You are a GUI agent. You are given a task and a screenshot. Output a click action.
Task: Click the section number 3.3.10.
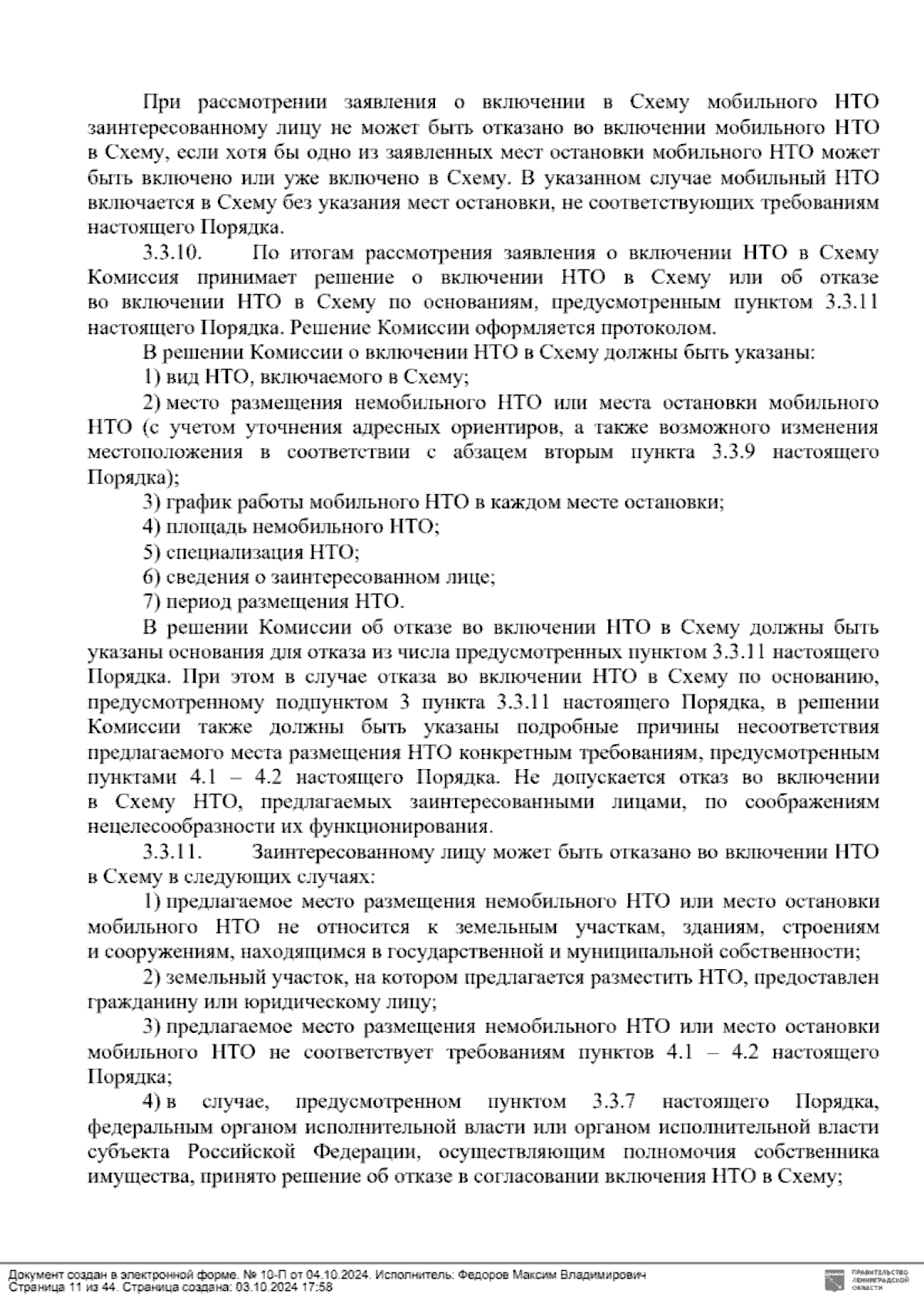pyautogui.click(x=172, y=253)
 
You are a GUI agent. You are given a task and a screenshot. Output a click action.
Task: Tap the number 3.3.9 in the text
pyautogui.click(x=727, y=453)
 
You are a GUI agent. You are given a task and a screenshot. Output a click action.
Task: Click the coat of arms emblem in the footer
pyautogui.click(x=835, y=1282)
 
